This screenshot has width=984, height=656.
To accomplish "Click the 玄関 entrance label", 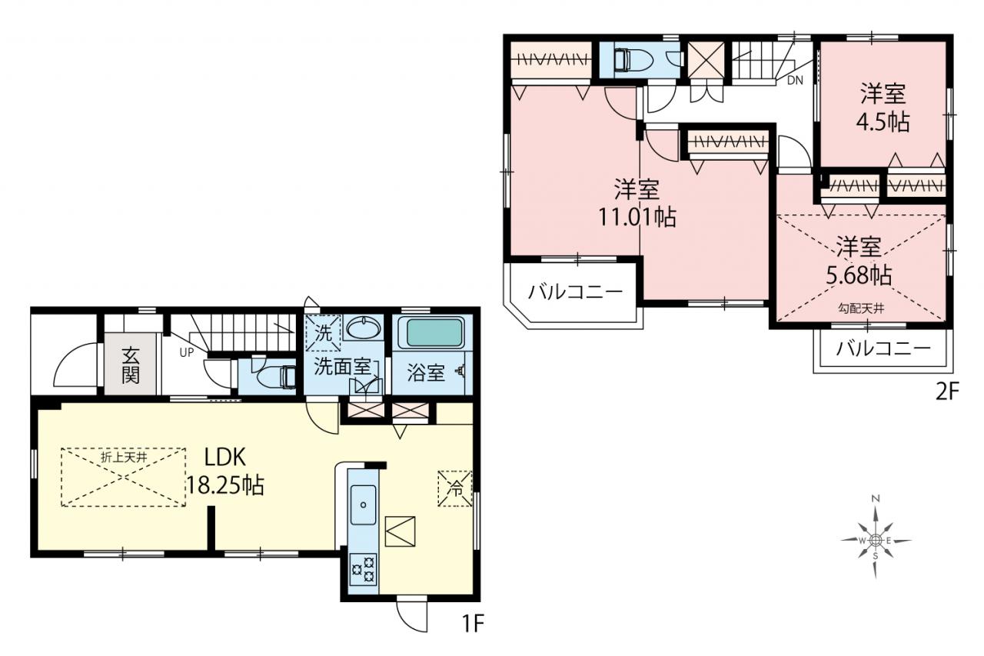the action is click(x=130, y=365).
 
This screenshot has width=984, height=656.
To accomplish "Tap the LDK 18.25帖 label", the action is click(x=225, y=471).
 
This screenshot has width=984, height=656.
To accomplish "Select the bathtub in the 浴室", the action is click(x=434, y=332).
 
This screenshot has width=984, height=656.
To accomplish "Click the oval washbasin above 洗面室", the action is click(x=364, y=328).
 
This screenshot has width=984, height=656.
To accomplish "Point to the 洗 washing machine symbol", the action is click(x=324, y=333).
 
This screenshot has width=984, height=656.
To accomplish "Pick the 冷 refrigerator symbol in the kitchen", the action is click(x=455, y=488).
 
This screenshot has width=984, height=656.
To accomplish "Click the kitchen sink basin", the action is click(x=364, y=504).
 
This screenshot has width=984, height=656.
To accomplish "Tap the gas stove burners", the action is click(x=364, y=569).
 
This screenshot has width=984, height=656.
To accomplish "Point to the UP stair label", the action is click(x=186, y=352).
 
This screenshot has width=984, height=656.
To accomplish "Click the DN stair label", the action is click(x=795, y=80).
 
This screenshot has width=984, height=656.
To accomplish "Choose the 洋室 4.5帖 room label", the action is click(x=883, y=108).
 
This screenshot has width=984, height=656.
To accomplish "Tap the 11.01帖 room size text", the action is click(x=637, y=217).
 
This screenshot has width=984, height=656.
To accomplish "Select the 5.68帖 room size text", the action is click(x=859, y=276).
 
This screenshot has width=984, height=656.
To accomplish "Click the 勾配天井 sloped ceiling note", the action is click(x=861, y=308).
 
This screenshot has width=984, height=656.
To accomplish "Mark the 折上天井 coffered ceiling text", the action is click(x=124, y=458).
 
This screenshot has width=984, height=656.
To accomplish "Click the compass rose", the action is click(x=876, y=541).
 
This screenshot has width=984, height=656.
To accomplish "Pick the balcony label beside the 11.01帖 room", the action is click(x=576, y=291).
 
